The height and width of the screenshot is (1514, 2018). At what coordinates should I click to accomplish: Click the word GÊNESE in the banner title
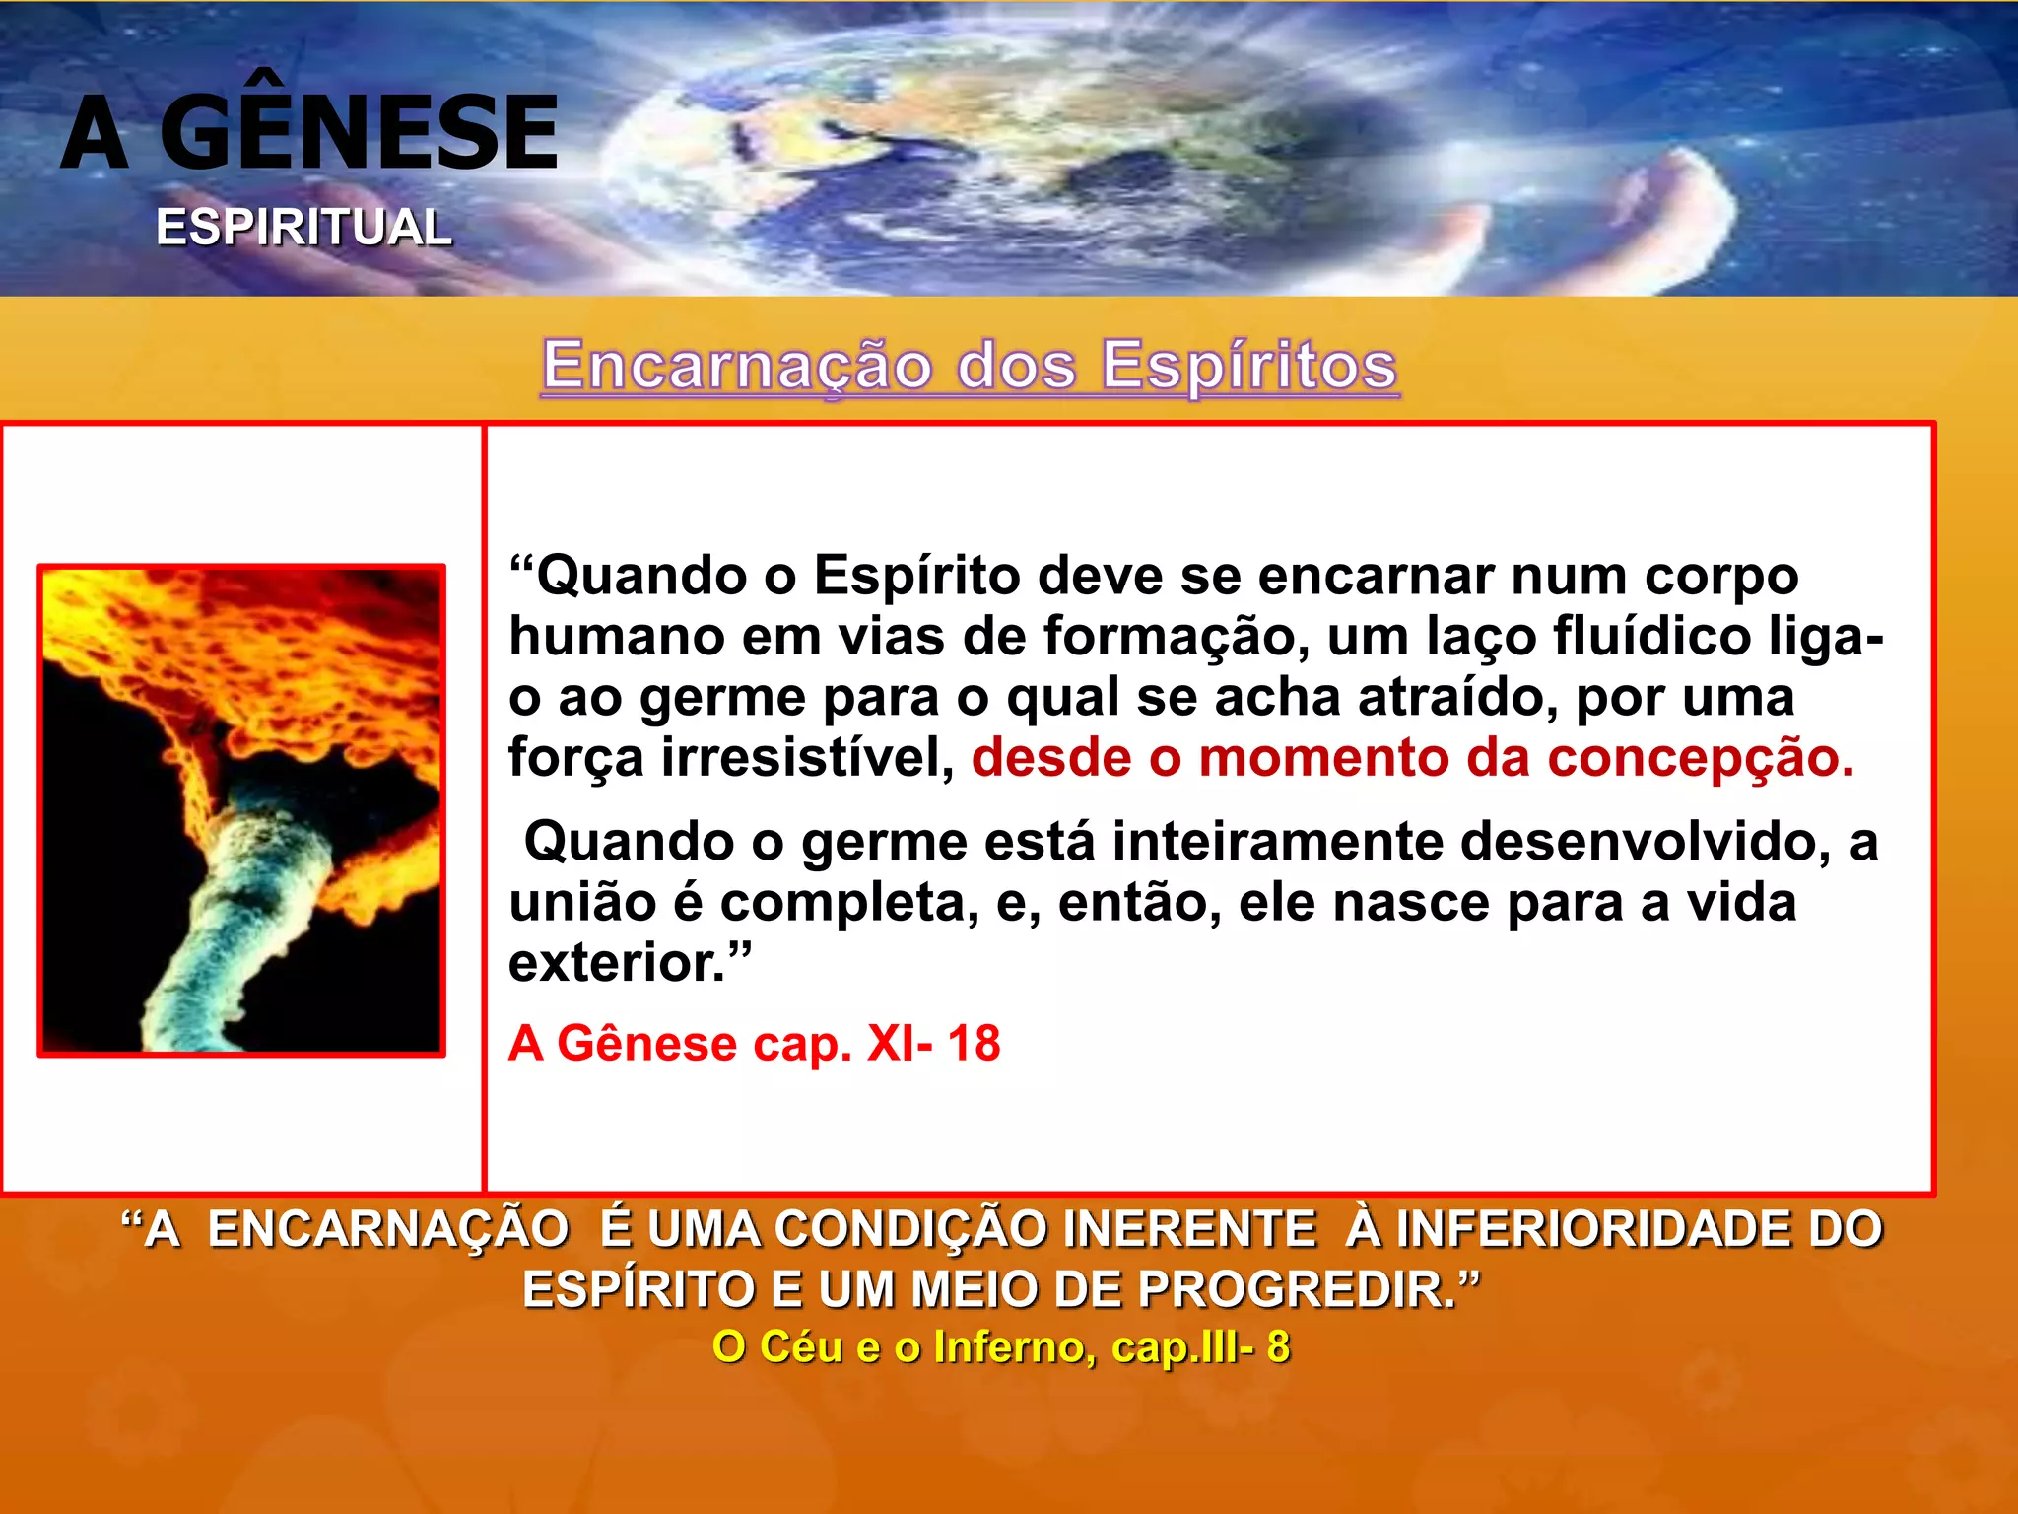coord(359,133)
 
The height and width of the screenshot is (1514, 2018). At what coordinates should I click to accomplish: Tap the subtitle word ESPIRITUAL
coord(303,228)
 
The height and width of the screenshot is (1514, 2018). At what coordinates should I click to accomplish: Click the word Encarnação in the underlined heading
coord(737,366)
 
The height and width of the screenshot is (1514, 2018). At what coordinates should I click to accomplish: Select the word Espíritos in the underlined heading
coord(1249,366)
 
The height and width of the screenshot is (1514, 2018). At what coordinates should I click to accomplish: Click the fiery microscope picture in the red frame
coord(241,810)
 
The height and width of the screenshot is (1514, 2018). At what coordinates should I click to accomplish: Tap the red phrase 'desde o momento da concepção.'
coord(1413,758)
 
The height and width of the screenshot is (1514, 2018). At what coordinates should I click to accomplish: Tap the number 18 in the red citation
coord(974,1044)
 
